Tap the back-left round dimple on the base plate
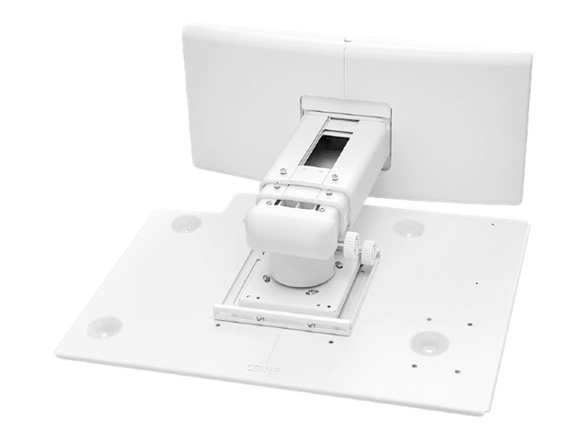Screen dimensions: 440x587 187,223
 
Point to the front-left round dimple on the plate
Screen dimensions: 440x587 106,324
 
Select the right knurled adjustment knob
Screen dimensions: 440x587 352,246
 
